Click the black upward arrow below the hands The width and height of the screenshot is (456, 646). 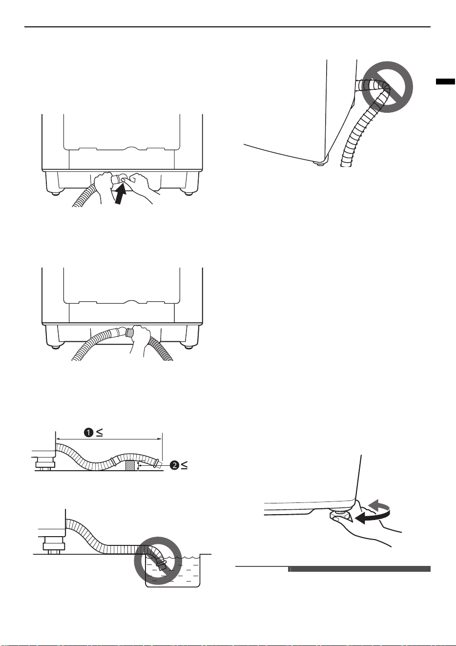[121, 195]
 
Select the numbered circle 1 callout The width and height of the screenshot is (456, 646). [88, 433]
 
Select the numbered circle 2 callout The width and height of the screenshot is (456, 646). [174, 465]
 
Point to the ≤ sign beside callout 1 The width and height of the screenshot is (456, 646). [99, 433]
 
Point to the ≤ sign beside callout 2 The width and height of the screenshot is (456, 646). [184, 465]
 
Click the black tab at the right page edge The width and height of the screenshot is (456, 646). [445, 82]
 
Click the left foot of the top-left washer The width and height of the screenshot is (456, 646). [56, 193]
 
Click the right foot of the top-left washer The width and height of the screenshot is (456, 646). [188, 193]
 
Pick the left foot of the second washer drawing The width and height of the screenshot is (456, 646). [56, 347]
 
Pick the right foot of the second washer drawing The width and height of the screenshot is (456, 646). [188, 347]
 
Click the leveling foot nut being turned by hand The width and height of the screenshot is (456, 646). [340, 517]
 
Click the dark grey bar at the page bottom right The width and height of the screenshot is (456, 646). [359, 569]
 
